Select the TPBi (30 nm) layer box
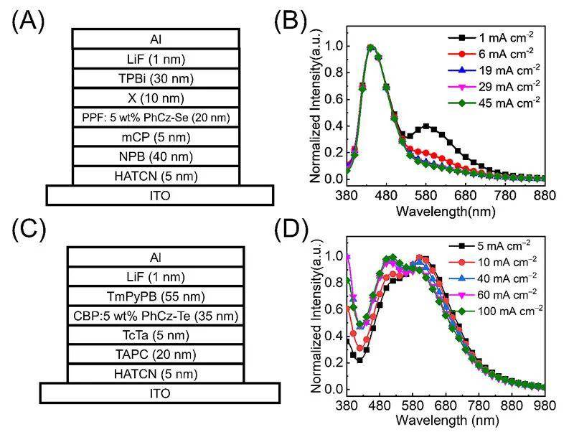click(156, 79)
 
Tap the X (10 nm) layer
click(156, 98)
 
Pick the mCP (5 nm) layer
click(156, 136)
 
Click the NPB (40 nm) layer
click(156, 156)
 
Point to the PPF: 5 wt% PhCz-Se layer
click(156, 117)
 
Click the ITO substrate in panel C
click(159, 393)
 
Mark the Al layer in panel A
click(156, 40)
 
